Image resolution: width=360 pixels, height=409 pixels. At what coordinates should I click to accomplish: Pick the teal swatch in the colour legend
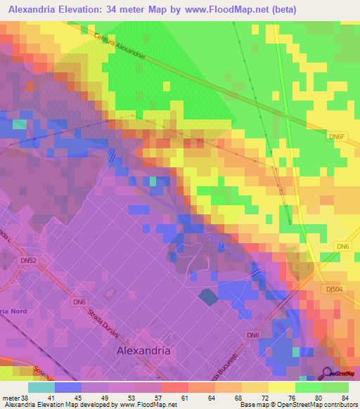click(41, 387)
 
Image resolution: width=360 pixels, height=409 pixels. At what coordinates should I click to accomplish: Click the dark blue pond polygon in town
click(208, 297)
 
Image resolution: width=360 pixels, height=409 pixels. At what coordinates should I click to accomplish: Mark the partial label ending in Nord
click(14, 311)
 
